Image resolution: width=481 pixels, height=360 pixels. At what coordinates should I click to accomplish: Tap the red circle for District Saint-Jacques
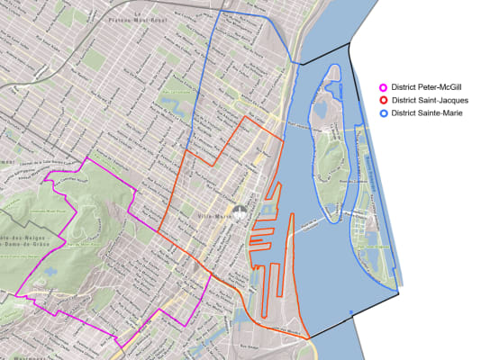[x=383, y=99]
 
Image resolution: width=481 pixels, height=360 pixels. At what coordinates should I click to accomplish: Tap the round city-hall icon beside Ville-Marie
[x=239, y=215]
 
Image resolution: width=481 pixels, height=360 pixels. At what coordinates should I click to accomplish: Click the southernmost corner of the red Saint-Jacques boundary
[x=309, y=338]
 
